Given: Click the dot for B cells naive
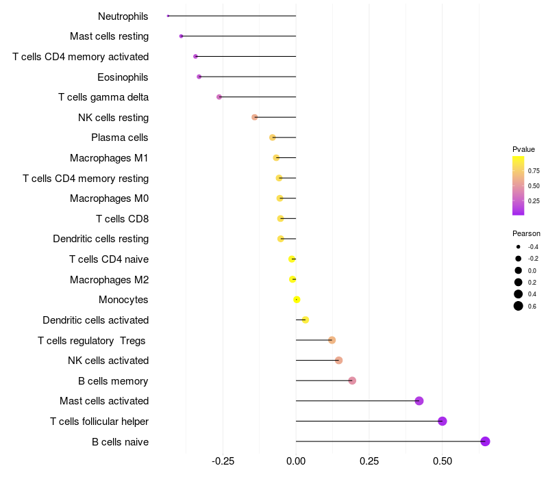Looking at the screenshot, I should pyautogui.click(x=486, y=441).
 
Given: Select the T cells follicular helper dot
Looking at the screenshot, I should pyautogui.click(x=443, y=421).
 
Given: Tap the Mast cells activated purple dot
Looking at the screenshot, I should pyautogui.click(x=419, y=401).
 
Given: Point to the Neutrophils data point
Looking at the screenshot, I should pyautogui.click(x=168, y=16).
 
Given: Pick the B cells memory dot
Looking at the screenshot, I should pyautogui.click(x=352, y=380).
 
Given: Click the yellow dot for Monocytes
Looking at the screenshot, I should pyautogui.click(x=297, y=300).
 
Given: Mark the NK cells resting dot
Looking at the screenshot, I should pyautogui.click(x=255, y=117).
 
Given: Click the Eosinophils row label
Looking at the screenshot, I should pyautogui.click(x=123, y=77).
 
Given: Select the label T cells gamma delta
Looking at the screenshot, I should pyautogui.click(x=103, y=97).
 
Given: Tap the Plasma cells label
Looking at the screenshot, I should pyautogui.click(x=120, y=138).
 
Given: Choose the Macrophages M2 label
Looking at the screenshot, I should pyautogui.click(x=109, y=279).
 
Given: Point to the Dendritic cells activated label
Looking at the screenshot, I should pyautogui.click(x=95, y=320).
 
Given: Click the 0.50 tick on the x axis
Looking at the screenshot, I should pyautogui.click(x=443, y=461).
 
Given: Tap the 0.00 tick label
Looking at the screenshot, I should pyautogui.click(x=296, y=461).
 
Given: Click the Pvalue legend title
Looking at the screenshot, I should pyautogui.click(x=523, y=149).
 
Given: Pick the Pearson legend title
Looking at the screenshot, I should pyautogui.click(x=526, y=233).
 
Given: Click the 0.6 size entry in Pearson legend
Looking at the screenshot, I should pyautogui.click(x=519, y=306).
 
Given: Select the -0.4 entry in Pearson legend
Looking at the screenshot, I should pyautogui.click(x=519, y=246).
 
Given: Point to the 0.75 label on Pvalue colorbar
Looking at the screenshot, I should pyautogui.click(x=534, y=170).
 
